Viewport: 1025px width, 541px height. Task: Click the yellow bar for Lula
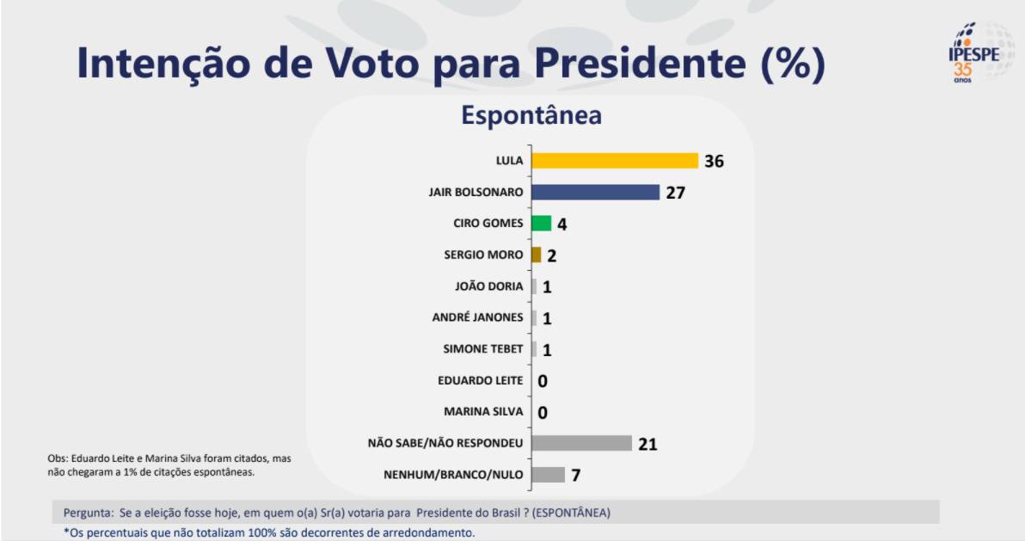pyautogui.click(x=614, y=161)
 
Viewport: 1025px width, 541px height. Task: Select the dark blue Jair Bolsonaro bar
pyautogui.click(x=595, y=192)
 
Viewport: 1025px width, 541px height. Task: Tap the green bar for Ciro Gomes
pyautogui.click(x=541, y=224)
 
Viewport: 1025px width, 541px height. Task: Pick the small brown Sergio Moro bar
pyautogui.click(x=537, y=255)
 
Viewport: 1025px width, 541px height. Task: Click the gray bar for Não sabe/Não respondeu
pyautogui.click(x=581, y=443)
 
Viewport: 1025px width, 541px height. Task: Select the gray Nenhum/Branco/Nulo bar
pyautogui.click(x=548, y=475)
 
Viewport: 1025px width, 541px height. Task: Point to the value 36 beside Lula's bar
pyautogui.click(x=714, y=161)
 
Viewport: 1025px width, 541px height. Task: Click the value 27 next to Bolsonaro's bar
pyautogui.click(x=675, y=192)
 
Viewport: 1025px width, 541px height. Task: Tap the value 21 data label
pyautogui.click(x=648, y=444)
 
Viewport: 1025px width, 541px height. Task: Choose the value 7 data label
pyautogui.click(x=577, y=475)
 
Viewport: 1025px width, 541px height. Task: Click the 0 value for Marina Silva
pyautogui.click(x=543, y=413)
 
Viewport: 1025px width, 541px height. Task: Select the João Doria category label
pyautogui.click(x=488, y=286)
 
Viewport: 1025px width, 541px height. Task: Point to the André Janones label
pyautogui.click(x=477, y=317)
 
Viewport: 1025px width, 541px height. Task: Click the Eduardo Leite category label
pyautogui.click(x=480, y=380)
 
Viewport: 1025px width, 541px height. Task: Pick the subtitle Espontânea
pyautogui.click(x=531, y=115)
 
